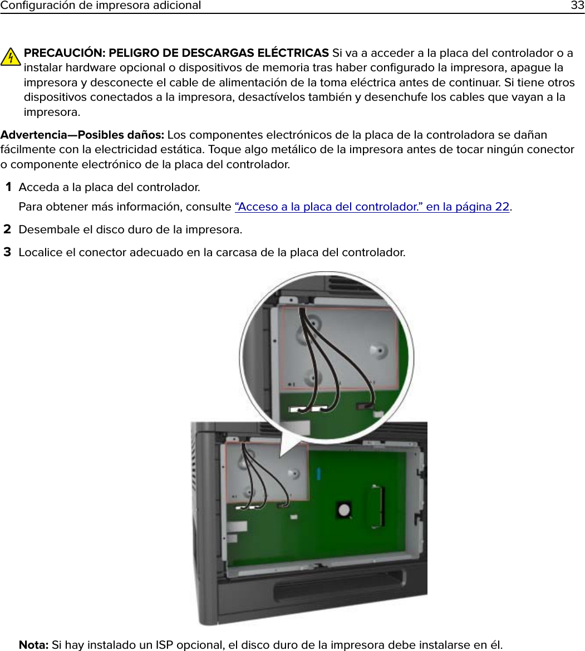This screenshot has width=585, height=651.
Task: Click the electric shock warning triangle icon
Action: pyautogui.click(x=11, y=56)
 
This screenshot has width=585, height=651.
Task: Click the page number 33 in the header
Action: pyautogui.click(x=577, y=6)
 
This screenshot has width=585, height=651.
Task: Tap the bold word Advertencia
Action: pyautogui.click(x=38, y=135)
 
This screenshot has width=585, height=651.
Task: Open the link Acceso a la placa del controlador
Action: pyautogui.click(x=372, y=207)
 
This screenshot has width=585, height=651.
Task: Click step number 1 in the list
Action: pyautogui.click(x=8, y=187)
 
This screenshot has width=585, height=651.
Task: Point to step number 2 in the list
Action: pyautogui.click(x=8, y=229)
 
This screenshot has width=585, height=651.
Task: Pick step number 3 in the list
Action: pyautogui.click(x=8, y=252)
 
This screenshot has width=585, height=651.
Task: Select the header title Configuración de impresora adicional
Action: pyautogui.click(x=101, y=6)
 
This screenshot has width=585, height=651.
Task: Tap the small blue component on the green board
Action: pyautogui.click(x=318, y=474)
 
